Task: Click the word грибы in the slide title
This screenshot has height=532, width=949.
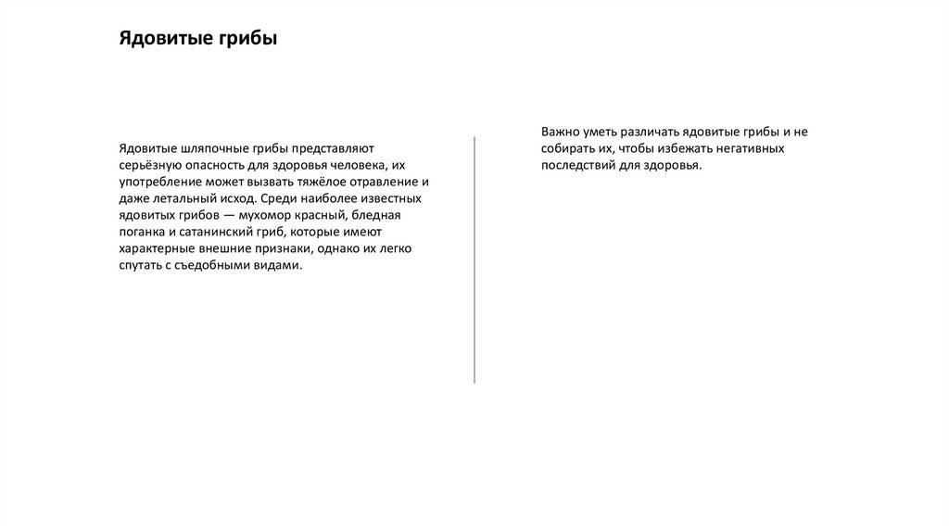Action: [248, 39]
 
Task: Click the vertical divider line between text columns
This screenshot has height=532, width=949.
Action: [474, 260]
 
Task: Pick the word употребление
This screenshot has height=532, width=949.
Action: [160, 182]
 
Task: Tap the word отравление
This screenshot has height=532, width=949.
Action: [377, 182]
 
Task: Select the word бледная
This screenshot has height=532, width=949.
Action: [377, 215]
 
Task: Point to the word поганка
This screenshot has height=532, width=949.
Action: [143, 232]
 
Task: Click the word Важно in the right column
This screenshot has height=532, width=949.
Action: [562, 132]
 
